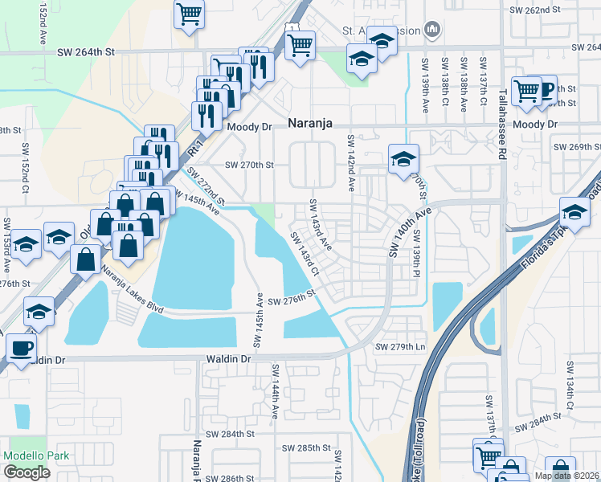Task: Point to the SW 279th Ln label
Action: coord(399,347)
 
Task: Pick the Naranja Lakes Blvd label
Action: coord(133,290)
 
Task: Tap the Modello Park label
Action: coord(36,455)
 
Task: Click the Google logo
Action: coord(27,472)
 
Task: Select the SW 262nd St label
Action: coord(534,10)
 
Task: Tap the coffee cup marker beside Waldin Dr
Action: coord(21,349)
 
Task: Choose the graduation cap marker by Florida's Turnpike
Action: coord(574,213)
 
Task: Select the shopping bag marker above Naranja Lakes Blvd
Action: coord(86,259)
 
